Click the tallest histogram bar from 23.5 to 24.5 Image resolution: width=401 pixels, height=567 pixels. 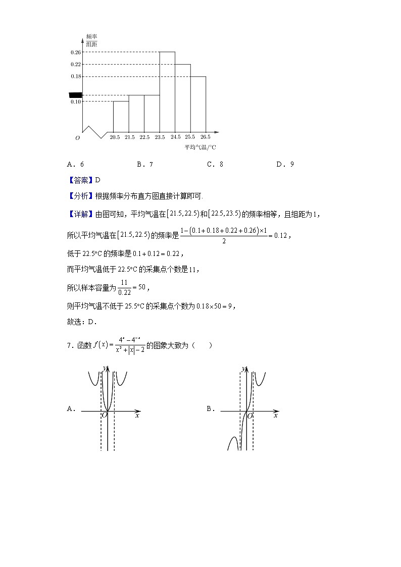pyautogui.click(x=167, y=91)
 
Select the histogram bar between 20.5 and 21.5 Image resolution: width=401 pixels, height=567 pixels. pyautogui.click(x=121, y=116)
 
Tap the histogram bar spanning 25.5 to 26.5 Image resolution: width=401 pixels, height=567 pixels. pyautogui.click(x=198, y=104)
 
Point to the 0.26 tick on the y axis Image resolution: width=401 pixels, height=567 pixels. pyautogui.click(x=76, y=52)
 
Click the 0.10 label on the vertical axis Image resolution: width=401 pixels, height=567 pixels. pyautogui.click(x=76, y=101)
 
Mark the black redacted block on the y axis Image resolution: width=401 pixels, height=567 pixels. pyautogui.click(x=75, y=94)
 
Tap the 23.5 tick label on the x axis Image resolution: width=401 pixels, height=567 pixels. pyautogui.click(x=160, y=137)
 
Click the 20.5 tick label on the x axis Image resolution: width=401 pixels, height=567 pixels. pyautogui.click(x=115, y=137)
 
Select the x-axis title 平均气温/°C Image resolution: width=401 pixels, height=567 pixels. pyautogui.click(x=200, y=147)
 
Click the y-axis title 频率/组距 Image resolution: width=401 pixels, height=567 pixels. pyautogui.click(x=91, y=40)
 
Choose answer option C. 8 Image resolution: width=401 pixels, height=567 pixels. pyautogui.click(x=215, y=164)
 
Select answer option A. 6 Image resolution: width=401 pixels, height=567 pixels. pyautogui.click(x=75, y=164)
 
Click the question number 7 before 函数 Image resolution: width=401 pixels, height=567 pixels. pyautogui.click(x=69, y=346)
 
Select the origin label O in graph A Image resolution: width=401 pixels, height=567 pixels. pyautogui.click(x=105, y=416)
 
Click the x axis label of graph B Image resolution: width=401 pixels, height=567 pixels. pyautogui.click(x=275, y=416)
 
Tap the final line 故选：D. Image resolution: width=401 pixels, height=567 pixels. pyautogui.click(x=82, y=321)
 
